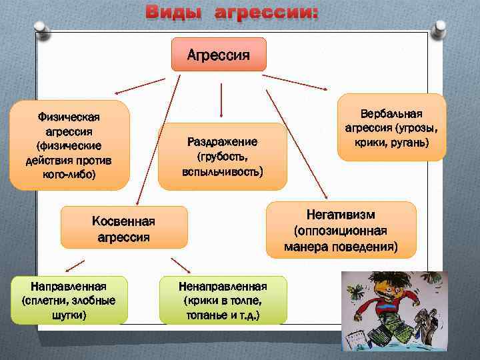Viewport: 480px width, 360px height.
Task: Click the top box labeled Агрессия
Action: point(219,54)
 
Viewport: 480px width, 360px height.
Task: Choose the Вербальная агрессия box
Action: point(391,127)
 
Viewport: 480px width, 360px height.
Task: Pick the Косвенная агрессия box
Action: point(123,228)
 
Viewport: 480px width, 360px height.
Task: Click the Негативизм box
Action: point(341,230)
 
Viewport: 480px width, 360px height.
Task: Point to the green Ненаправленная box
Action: point(223,300)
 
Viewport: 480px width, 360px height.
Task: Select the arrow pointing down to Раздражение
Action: point(221,100)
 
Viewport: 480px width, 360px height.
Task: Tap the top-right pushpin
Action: point(439,29)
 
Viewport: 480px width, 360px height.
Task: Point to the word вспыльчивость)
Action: point(222,171)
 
